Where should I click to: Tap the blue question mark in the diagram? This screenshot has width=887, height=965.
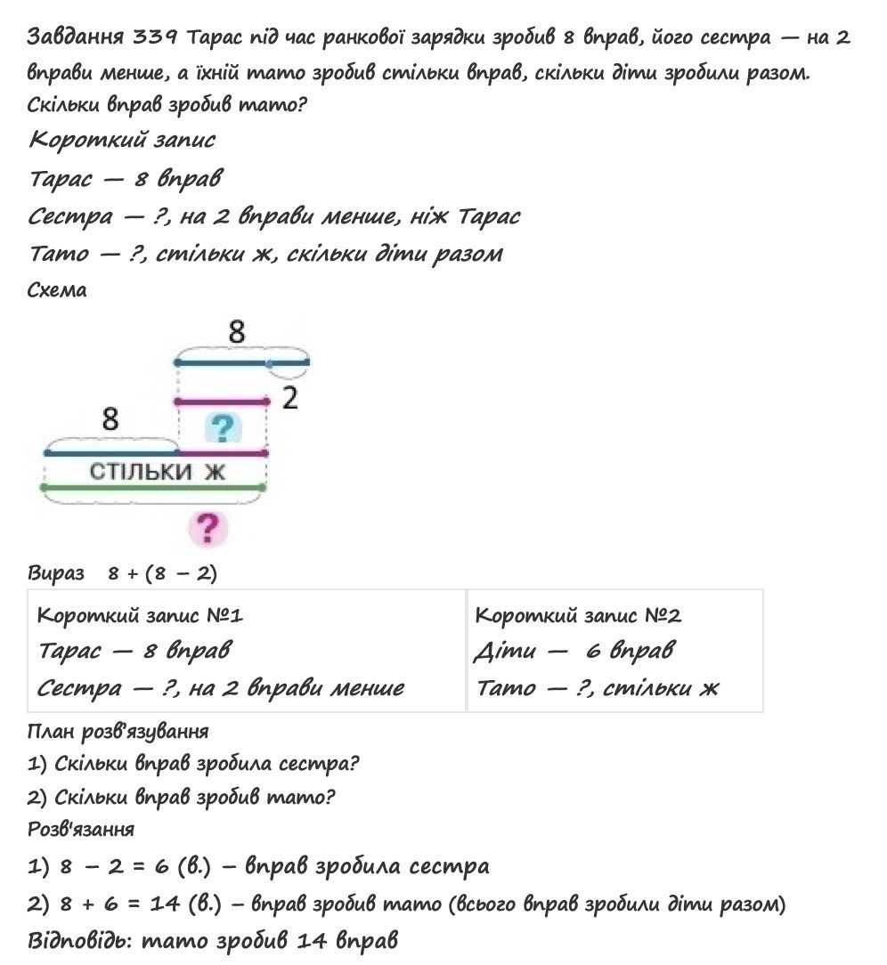224,428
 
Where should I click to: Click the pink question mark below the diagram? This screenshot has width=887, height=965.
208,529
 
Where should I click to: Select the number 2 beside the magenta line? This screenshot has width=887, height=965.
289,399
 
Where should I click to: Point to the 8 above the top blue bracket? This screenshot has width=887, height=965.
236,333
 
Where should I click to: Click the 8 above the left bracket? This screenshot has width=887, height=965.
110,418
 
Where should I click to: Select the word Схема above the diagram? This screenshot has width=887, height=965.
57,291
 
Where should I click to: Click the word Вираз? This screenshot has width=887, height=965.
55,573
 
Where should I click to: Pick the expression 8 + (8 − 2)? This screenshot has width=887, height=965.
162,573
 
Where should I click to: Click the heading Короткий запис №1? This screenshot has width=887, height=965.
140,615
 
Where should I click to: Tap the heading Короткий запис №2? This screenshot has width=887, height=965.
578,615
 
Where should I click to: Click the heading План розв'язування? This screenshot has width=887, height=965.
118,731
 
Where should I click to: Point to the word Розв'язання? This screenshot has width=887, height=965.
81,829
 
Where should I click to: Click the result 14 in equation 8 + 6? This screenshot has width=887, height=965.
166,904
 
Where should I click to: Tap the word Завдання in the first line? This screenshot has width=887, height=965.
76,36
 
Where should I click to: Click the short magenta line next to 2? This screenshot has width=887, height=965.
223,402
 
